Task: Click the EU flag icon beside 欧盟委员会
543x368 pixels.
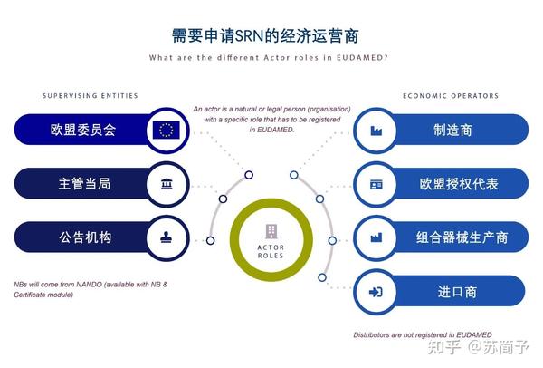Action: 166,130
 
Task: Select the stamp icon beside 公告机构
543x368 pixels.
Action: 167,237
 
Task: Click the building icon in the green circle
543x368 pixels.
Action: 271,232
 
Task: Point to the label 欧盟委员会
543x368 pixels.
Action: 83,130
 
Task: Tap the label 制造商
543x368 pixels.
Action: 452,131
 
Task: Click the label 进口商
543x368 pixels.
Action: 457,292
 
